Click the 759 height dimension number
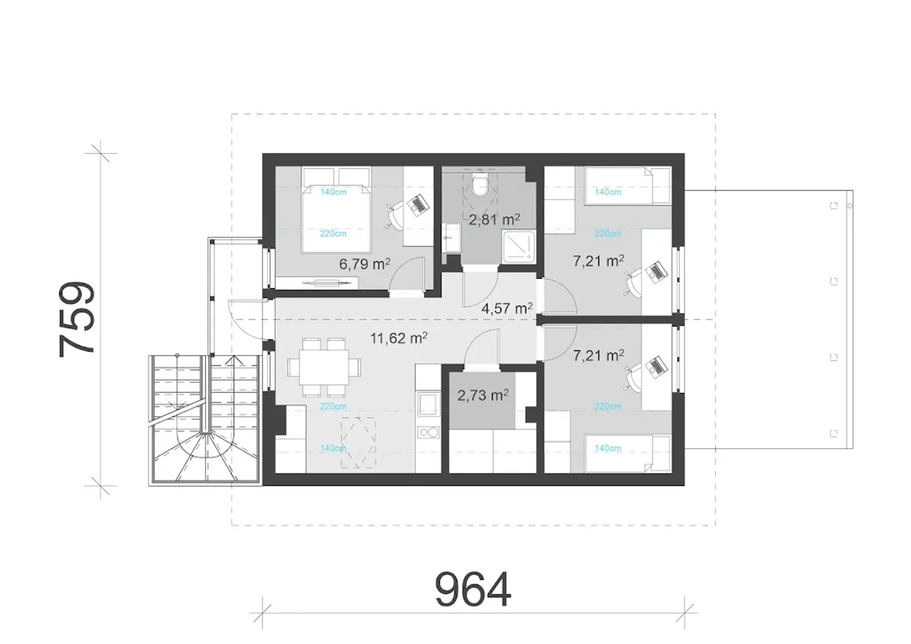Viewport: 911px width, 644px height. (77, 320)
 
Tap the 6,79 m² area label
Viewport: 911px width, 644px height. (365, 264)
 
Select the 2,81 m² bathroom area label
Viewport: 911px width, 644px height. (494, 220)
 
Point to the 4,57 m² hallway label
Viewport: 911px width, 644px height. (507, 309)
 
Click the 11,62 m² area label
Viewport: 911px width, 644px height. (399, 338)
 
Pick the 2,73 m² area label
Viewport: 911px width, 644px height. (483, 395)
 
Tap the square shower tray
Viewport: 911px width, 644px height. (518, 246)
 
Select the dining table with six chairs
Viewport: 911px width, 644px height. (324, 367)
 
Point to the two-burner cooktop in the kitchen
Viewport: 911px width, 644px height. (428, 432)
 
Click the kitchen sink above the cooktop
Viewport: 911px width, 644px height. (428, 404)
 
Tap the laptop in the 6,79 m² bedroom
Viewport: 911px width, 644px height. (418, 204)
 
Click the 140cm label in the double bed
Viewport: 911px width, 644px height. (333, 192)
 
